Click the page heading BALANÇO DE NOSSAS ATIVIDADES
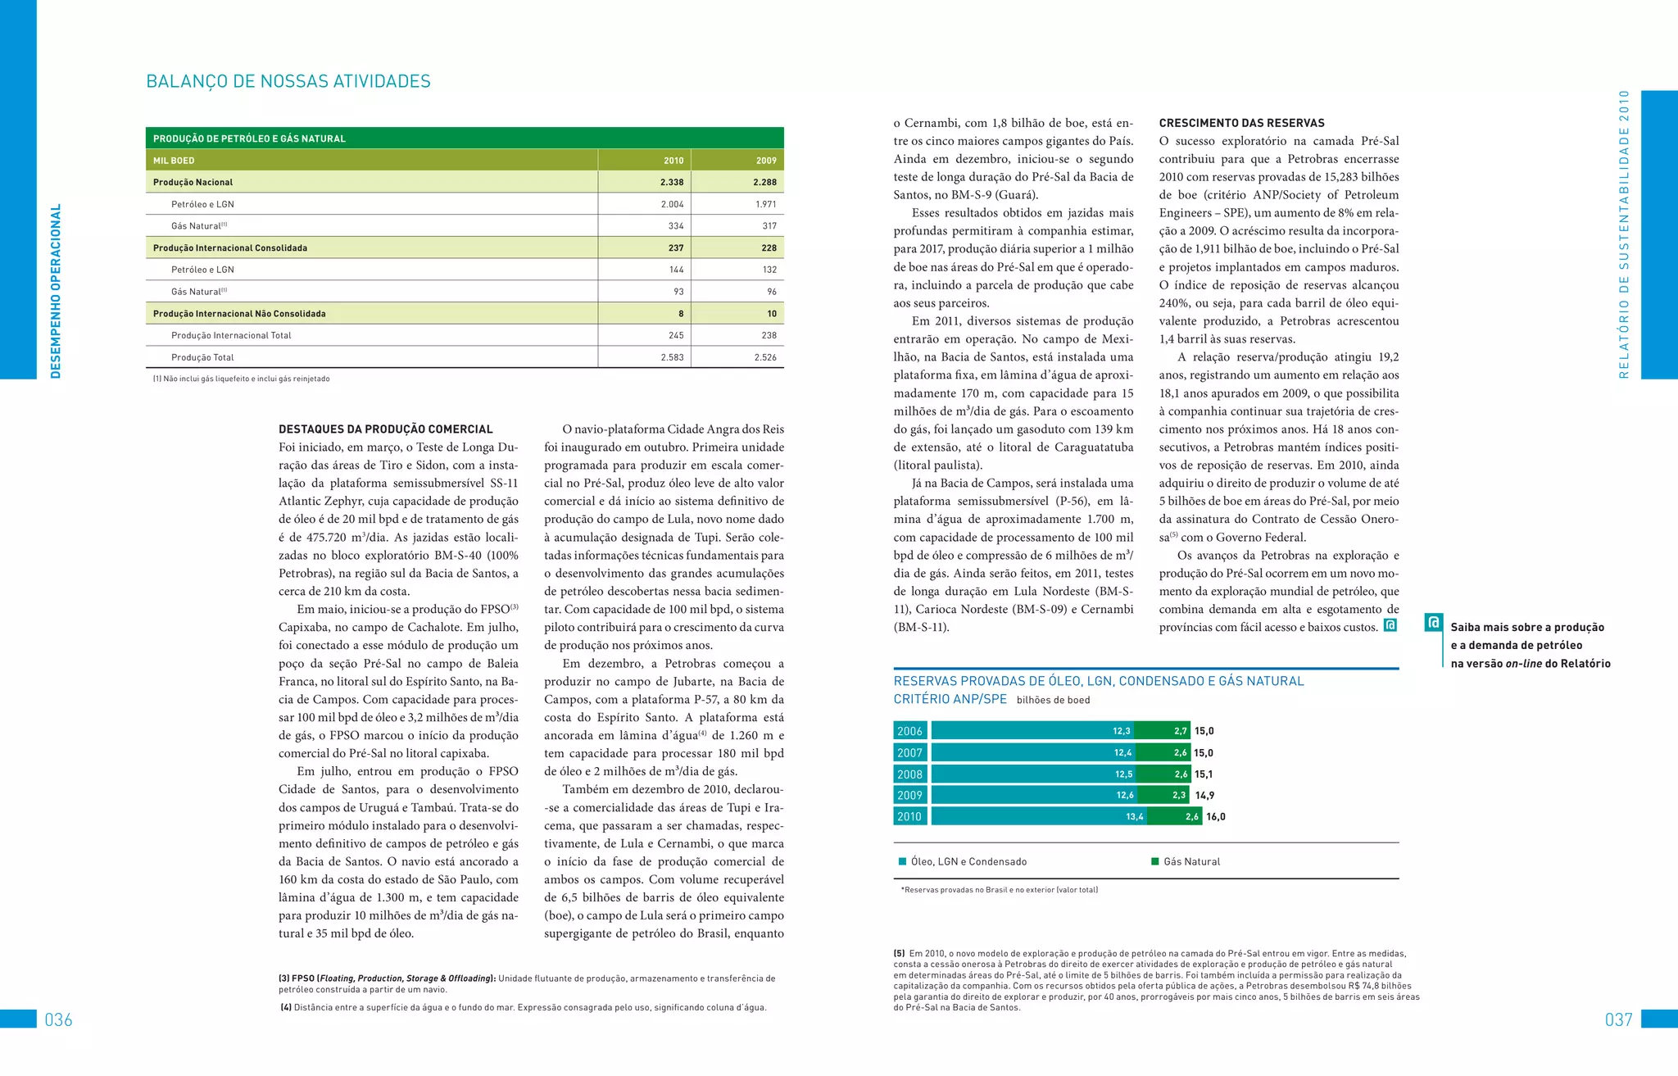click(x=288, y=81)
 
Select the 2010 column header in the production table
click(x=673, y=161)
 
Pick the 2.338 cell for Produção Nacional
click(x=672, y=182)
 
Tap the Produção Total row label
click(x=202, y=357)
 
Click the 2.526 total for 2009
click(x=765, y=357)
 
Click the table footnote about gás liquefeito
click(x=242, y=379)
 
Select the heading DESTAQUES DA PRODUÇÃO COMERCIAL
click(x=386, y=429)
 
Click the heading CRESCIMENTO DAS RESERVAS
click(x=1241, y=123)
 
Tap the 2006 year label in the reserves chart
click(x=909, y=731)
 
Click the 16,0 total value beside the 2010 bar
click(x=1216, y=816)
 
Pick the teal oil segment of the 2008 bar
click(x=1032, y=774)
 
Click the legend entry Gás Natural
click(x=1190, y=861)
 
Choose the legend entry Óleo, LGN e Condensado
click(x=968, y=861)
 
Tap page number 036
click(x=58, y=1019)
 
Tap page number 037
click(x=1618, y=1019)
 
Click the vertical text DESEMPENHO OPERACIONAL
click(x=56, y=291)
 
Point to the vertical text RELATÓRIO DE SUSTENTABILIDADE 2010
click(x=1624, y=234)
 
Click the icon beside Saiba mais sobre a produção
click(x=1433, y=623)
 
